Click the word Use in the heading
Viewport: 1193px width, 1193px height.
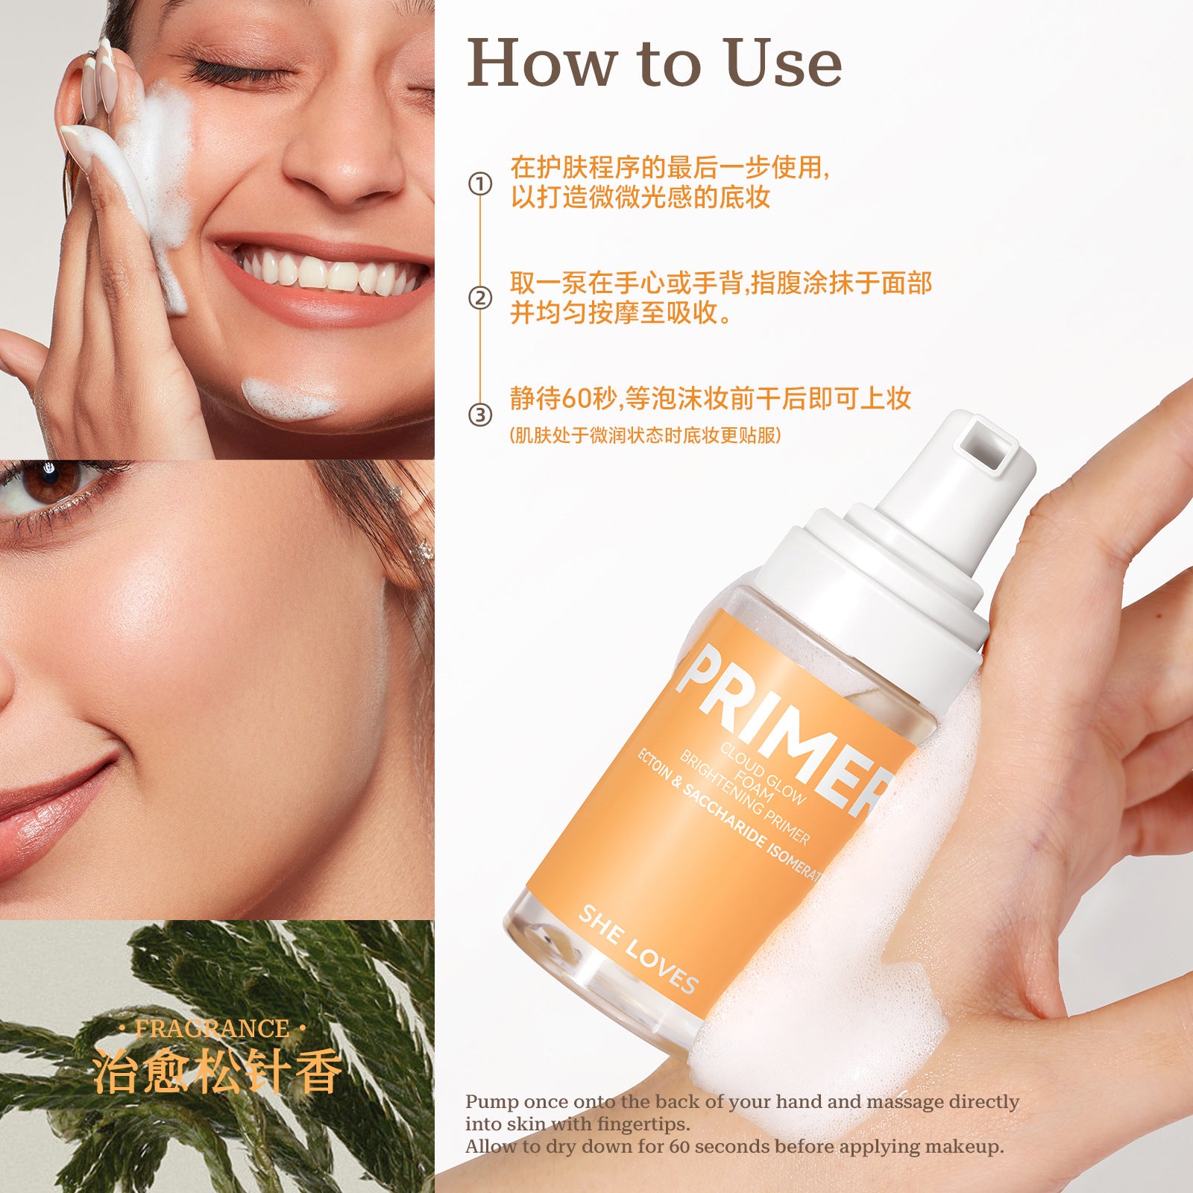pos(783,63)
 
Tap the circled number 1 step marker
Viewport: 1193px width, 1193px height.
pos(480,183)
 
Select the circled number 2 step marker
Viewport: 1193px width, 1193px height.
pos(480,299)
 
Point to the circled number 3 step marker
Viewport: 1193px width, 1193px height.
pos(480,415)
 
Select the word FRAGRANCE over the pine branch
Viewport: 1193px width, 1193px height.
pos(212,1029)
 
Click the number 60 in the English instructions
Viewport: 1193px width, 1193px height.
pos(679,1146)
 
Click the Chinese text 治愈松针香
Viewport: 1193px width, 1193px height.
pos(216,1071)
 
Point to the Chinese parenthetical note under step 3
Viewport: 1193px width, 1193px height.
pos(645,435)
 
